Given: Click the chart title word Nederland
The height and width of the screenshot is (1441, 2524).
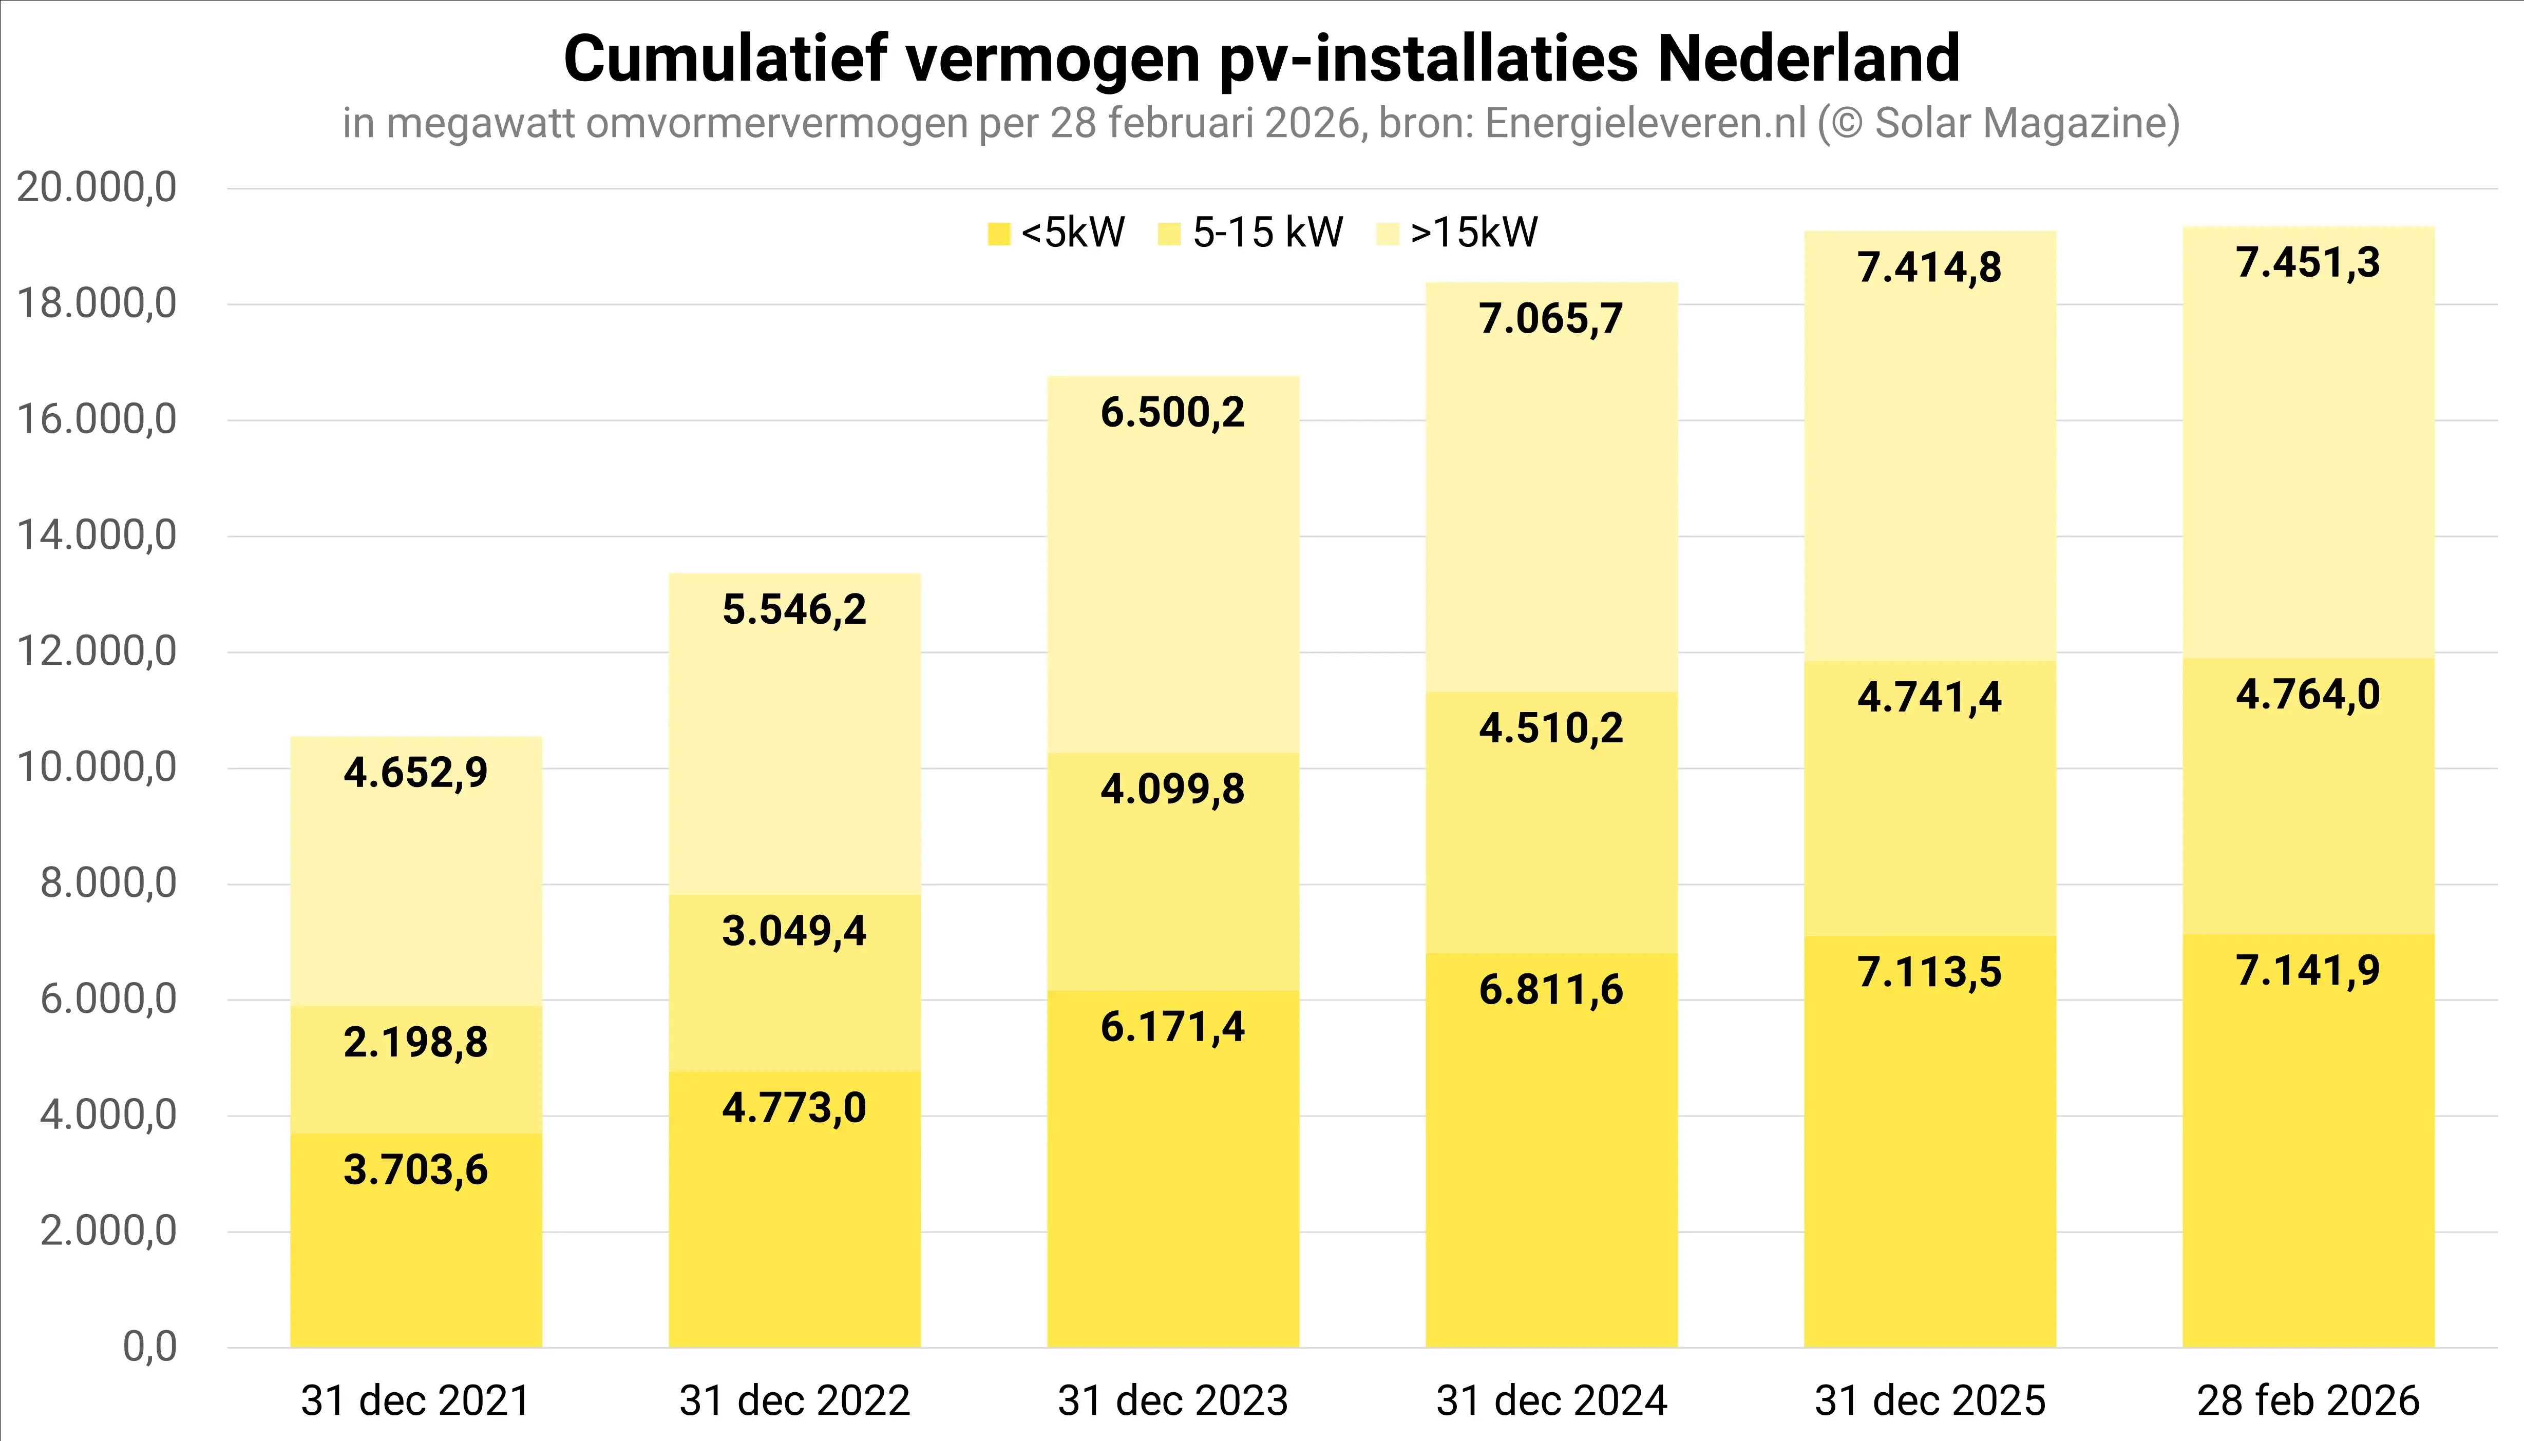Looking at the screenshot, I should (x=1808, y=60).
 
